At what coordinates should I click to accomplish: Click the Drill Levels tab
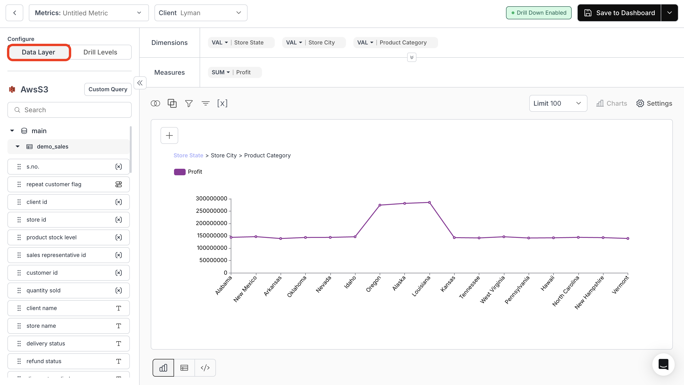100,52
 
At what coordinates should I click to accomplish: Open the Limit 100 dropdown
558,103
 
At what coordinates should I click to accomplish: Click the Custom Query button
108,89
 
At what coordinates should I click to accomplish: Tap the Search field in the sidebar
70,110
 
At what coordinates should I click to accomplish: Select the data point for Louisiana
429,203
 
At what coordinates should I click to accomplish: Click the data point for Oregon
380,205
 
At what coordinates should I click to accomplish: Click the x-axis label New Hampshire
590,293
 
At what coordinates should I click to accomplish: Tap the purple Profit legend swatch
180,172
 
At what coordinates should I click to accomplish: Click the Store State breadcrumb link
188,155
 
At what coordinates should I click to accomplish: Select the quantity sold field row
68,290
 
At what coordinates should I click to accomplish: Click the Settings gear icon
640,103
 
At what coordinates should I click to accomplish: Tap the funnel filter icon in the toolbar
189,103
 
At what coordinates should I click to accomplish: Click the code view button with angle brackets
205,368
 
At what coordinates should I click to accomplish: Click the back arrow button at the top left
15,13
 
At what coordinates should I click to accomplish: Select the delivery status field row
68,344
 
